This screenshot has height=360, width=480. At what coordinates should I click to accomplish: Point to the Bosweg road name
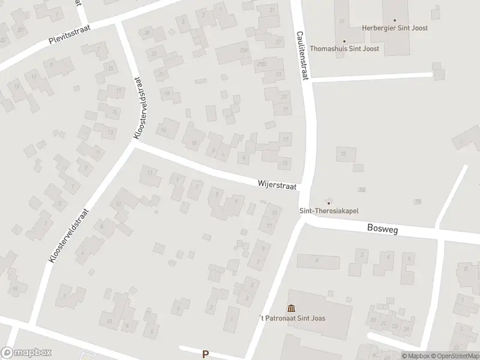[x=382, y=229]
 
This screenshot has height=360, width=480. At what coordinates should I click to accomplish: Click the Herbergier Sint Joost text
[x=395, y=28]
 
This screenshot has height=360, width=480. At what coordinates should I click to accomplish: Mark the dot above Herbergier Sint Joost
[x=395, y=19]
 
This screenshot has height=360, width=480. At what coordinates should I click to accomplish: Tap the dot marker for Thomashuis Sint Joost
[x=344, y=41]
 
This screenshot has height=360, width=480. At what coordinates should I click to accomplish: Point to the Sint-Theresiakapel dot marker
[x=328, y=202]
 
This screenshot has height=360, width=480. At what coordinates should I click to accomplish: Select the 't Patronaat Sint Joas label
[x=291, y=318]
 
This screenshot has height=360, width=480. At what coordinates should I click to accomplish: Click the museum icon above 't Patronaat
[x=291, y=308]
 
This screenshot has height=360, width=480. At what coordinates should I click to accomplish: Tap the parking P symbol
[x=205, y=354]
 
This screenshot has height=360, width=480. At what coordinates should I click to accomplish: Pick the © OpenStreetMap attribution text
[x=455, y=356]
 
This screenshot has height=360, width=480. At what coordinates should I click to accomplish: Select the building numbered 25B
[x=261, y=63]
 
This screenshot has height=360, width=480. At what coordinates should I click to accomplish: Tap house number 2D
[x=385, y=326]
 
